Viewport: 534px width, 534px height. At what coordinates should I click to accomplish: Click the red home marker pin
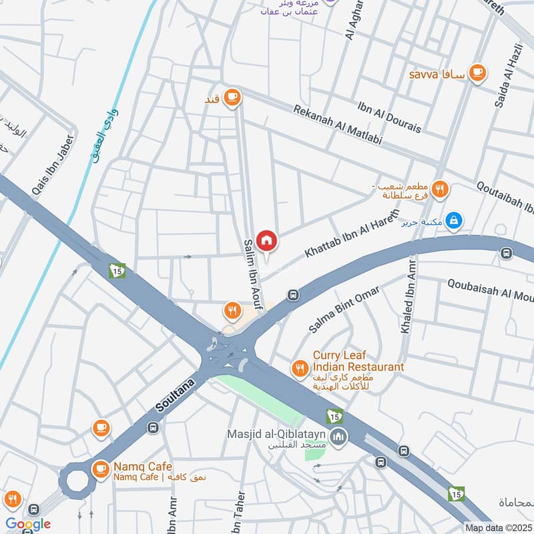tap(266, 240)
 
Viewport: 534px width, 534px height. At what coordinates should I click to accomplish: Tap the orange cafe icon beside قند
tap(232, 98)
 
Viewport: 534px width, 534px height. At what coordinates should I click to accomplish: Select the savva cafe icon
tap(477, 73)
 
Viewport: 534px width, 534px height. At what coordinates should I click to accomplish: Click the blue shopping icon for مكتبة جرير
tap(454, 220)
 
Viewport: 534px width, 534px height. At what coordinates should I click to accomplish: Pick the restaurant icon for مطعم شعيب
tap(439, 189)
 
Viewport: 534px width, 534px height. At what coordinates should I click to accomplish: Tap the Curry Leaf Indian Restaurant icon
tap(300, 367)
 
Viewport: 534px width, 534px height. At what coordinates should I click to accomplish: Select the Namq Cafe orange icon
tap(101, 470)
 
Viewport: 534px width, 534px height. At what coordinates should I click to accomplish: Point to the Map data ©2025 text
tap(498, 527)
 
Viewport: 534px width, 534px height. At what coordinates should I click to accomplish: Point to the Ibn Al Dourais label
tap(390, 117)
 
